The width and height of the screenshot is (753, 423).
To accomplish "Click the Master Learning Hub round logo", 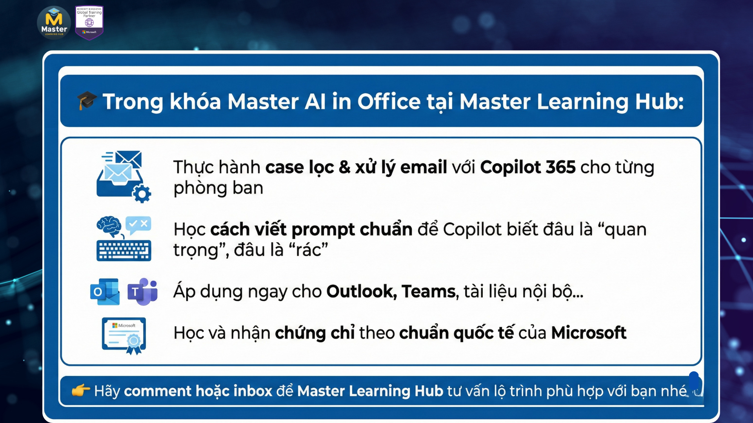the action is (54, 22).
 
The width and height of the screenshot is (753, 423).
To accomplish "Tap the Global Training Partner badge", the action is (89, 23).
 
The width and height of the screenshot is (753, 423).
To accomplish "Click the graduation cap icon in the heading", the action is (87, 101).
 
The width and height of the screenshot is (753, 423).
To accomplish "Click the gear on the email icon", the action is (142, 193).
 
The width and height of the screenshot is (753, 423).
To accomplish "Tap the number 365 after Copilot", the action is (560, 167).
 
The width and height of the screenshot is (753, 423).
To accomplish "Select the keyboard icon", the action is (124, 251).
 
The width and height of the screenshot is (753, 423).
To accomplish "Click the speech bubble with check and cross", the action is (138, 225).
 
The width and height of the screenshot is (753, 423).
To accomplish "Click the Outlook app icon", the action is (105, 292).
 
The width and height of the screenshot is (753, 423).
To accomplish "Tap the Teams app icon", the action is (142, 292).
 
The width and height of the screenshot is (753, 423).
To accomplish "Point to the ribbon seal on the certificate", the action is (133, 344).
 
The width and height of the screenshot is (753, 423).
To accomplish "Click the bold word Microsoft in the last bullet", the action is (589, 333).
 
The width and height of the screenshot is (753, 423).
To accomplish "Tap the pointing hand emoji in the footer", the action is (81, 390).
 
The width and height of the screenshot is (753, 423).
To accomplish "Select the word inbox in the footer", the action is (253, 391).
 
